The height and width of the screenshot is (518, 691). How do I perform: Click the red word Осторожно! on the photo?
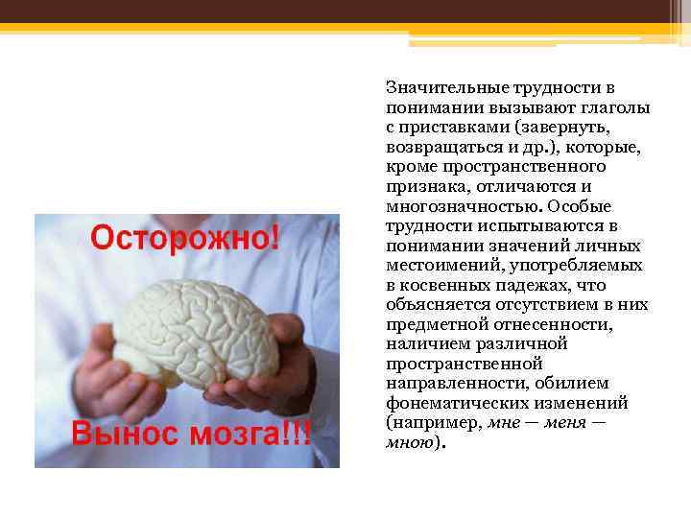pyautogui.click(x=186, y=237)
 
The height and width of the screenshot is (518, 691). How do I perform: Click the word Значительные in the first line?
pyautogui.click(x=438, y=87)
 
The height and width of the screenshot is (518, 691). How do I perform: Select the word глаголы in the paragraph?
pyautogui.click(x=614, y=107)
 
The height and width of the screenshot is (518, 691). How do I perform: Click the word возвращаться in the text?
pyautogui.click(x=438, y=147)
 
